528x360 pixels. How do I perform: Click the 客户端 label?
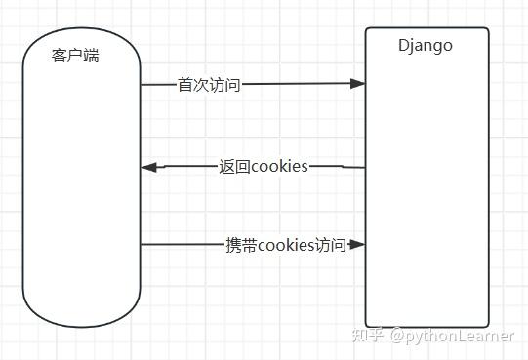(x=74, y=56)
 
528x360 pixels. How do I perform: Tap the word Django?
(x=426, y=45)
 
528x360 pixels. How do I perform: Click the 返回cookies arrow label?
(x=264, y=167)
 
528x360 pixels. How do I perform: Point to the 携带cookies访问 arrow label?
(x=285, y=245)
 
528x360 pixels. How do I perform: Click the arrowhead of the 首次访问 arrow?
(x=358, y=84)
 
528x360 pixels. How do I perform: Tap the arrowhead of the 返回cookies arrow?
(x=149, y=168)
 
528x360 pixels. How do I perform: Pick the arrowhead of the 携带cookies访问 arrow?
(x=358, y=244)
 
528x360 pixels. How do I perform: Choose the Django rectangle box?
(x=426, y=195)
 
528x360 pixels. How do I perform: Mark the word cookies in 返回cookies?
(x=280, y=167)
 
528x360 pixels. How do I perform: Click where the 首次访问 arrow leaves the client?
(x=142, y=85)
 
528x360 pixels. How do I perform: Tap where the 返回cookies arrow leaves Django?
(x=364, y=167)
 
